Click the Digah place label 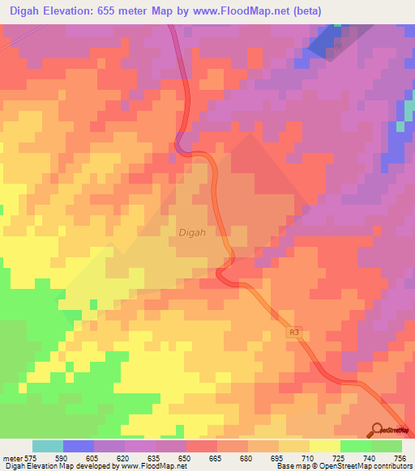192,232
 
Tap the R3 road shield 293,332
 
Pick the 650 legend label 186,457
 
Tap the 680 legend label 247,457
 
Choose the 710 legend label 309,457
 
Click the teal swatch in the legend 48,446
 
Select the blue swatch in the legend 79,446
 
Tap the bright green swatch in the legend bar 356,446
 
